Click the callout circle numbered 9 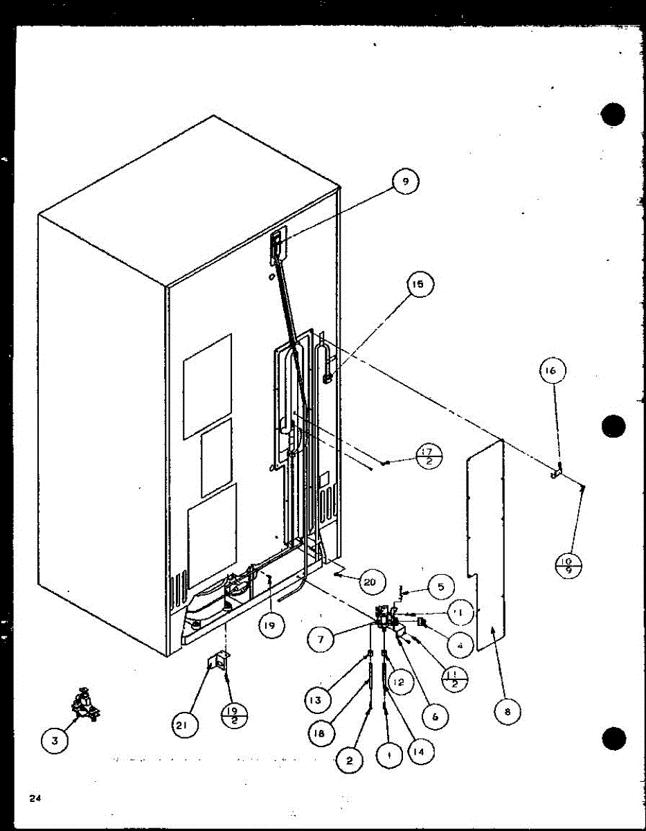tap(405, 182)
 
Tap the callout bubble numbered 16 tap(552, 370)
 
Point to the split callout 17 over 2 tap(429, 457)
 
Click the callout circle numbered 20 tap(370, 582)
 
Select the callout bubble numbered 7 tap(321, 640)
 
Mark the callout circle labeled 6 tap(435, 717)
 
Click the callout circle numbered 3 tap(55, 741)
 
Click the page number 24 tap(35, 798)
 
